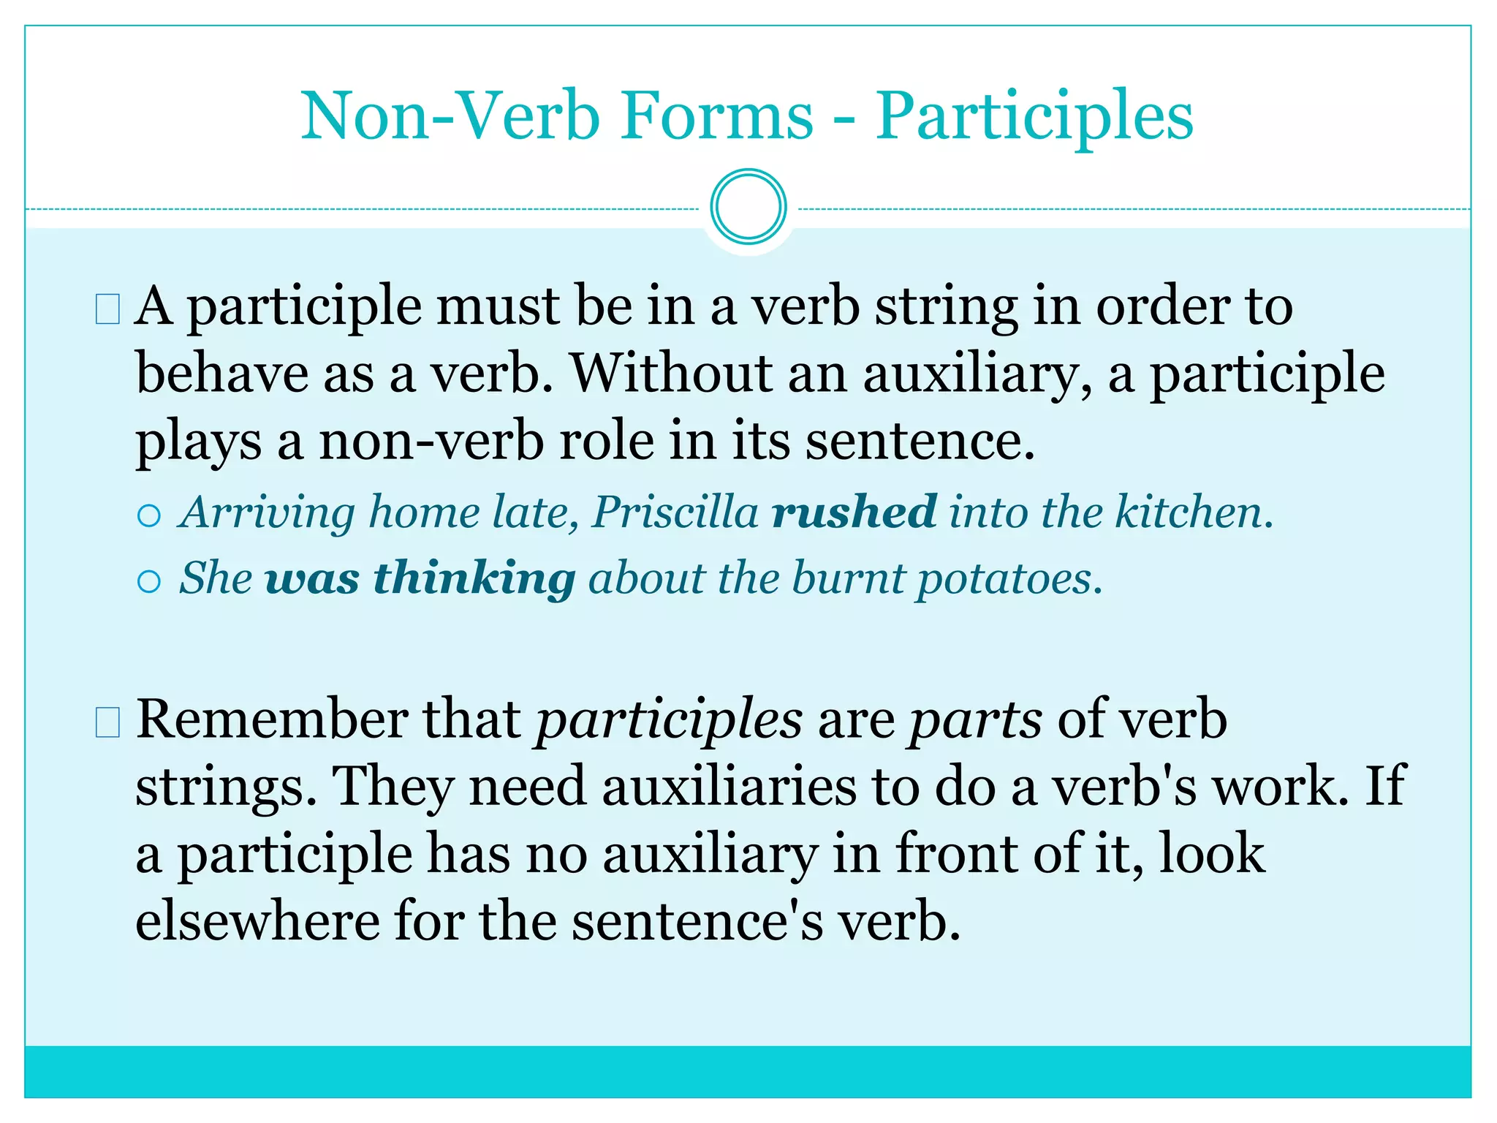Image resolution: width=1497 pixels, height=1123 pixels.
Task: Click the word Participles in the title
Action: (1034, 117)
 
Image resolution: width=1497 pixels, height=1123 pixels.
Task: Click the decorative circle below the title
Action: (748, 207)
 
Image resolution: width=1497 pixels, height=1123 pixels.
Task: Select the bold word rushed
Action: (854, 511)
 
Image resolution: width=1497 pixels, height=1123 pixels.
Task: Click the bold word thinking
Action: (474, 578)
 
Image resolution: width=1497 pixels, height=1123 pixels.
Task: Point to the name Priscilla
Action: (675, 511)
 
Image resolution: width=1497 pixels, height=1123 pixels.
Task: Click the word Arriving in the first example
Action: (267, 513)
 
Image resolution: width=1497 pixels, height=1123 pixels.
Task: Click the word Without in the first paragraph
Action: (671, 373)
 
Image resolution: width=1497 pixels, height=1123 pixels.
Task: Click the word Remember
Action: (272, 719)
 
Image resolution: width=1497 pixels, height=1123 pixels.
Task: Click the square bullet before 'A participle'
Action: (107, 309)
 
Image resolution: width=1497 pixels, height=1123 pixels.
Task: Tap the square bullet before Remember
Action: (107, 723)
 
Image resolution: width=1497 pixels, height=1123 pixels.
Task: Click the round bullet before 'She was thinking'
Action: (149, 582)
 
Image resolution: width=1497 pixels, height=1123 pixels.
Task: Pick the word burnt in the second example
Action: (848, 578)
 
